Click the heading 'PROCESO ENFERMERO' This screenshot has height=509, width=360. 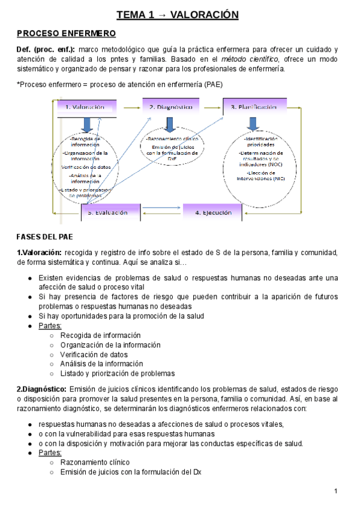tap(66, 33)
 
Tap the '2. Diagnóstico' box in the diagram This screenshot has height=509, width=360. tap(170, 107)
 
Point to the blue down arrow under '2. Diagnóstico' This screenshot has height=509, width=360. tap(170, 124)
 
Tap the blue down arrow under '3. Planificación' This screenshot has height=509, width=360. tap(253, 123)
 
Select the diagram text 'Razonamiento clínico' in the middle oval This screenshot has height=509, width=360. tap(170, 139)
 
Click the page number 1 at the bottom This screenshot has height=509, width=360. tap(337, 492)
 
